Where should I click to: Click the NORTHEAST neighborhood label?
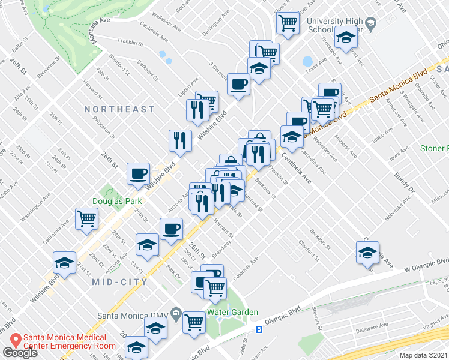point(119,109)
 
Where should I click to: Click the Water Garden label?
point(233,312)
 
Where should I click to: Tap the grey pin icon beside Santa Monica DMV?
point(176,312)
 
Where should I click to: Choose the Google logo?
point(20,353)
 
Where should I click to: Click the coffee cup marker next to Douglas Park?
point(138,175)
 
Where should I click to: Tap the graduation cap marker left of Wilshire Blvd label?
point(64,262)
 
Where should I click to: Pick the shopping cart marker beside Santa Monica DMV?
point(194,323)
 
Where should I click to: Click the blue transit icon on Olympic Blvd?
point(259,329)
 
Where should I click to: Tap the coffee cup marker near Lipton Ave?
point(238,84)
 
